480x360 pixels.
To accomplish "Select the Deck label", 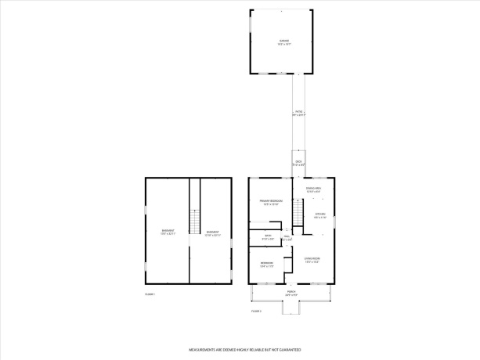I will click(x=298, y=163).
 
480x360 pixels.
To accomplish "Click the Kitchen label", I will click(x=319, y=215).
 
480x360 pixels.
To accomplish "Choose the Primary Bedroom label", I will click(x=271, y=203).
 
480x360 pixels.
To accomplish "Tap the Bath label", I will click(x=267, y=237).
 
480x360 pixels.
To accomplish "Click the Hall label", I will click(x=287, y=238).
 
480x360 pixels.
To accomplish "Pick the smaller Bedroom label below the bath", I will click(x=267, y=263).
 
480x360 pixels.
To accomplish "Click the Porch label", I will click(x=291, y=295).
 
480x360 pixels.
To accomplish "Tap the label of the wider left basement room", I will click(x=168, y=232).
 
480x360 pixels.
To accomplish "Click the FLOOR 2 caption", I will click(x=256, y=311).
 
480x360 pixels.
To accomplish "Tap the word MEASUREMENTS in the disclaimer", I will click(x=204, y=350).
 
